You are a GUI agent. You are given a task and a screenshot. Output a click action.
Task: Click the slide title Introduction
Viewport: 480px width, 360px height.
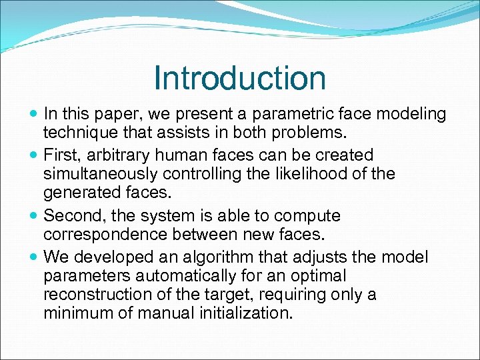point(239,78)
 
